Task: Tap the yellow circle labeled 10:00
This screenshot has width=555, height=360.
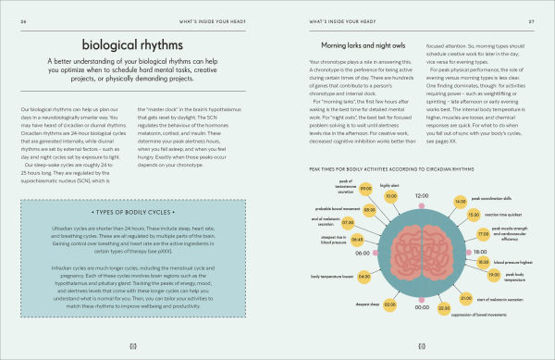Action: [390, 196]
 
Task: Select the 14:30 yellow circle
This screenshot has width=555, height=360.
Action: [460, 199]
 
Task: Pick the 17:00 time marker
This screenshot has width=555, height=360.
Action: [481, 235]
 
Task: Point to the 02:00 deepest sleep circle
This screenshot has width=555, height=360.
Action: [389, 302]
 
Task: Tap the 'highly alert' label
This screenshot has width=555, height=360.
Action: [388, 184]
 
